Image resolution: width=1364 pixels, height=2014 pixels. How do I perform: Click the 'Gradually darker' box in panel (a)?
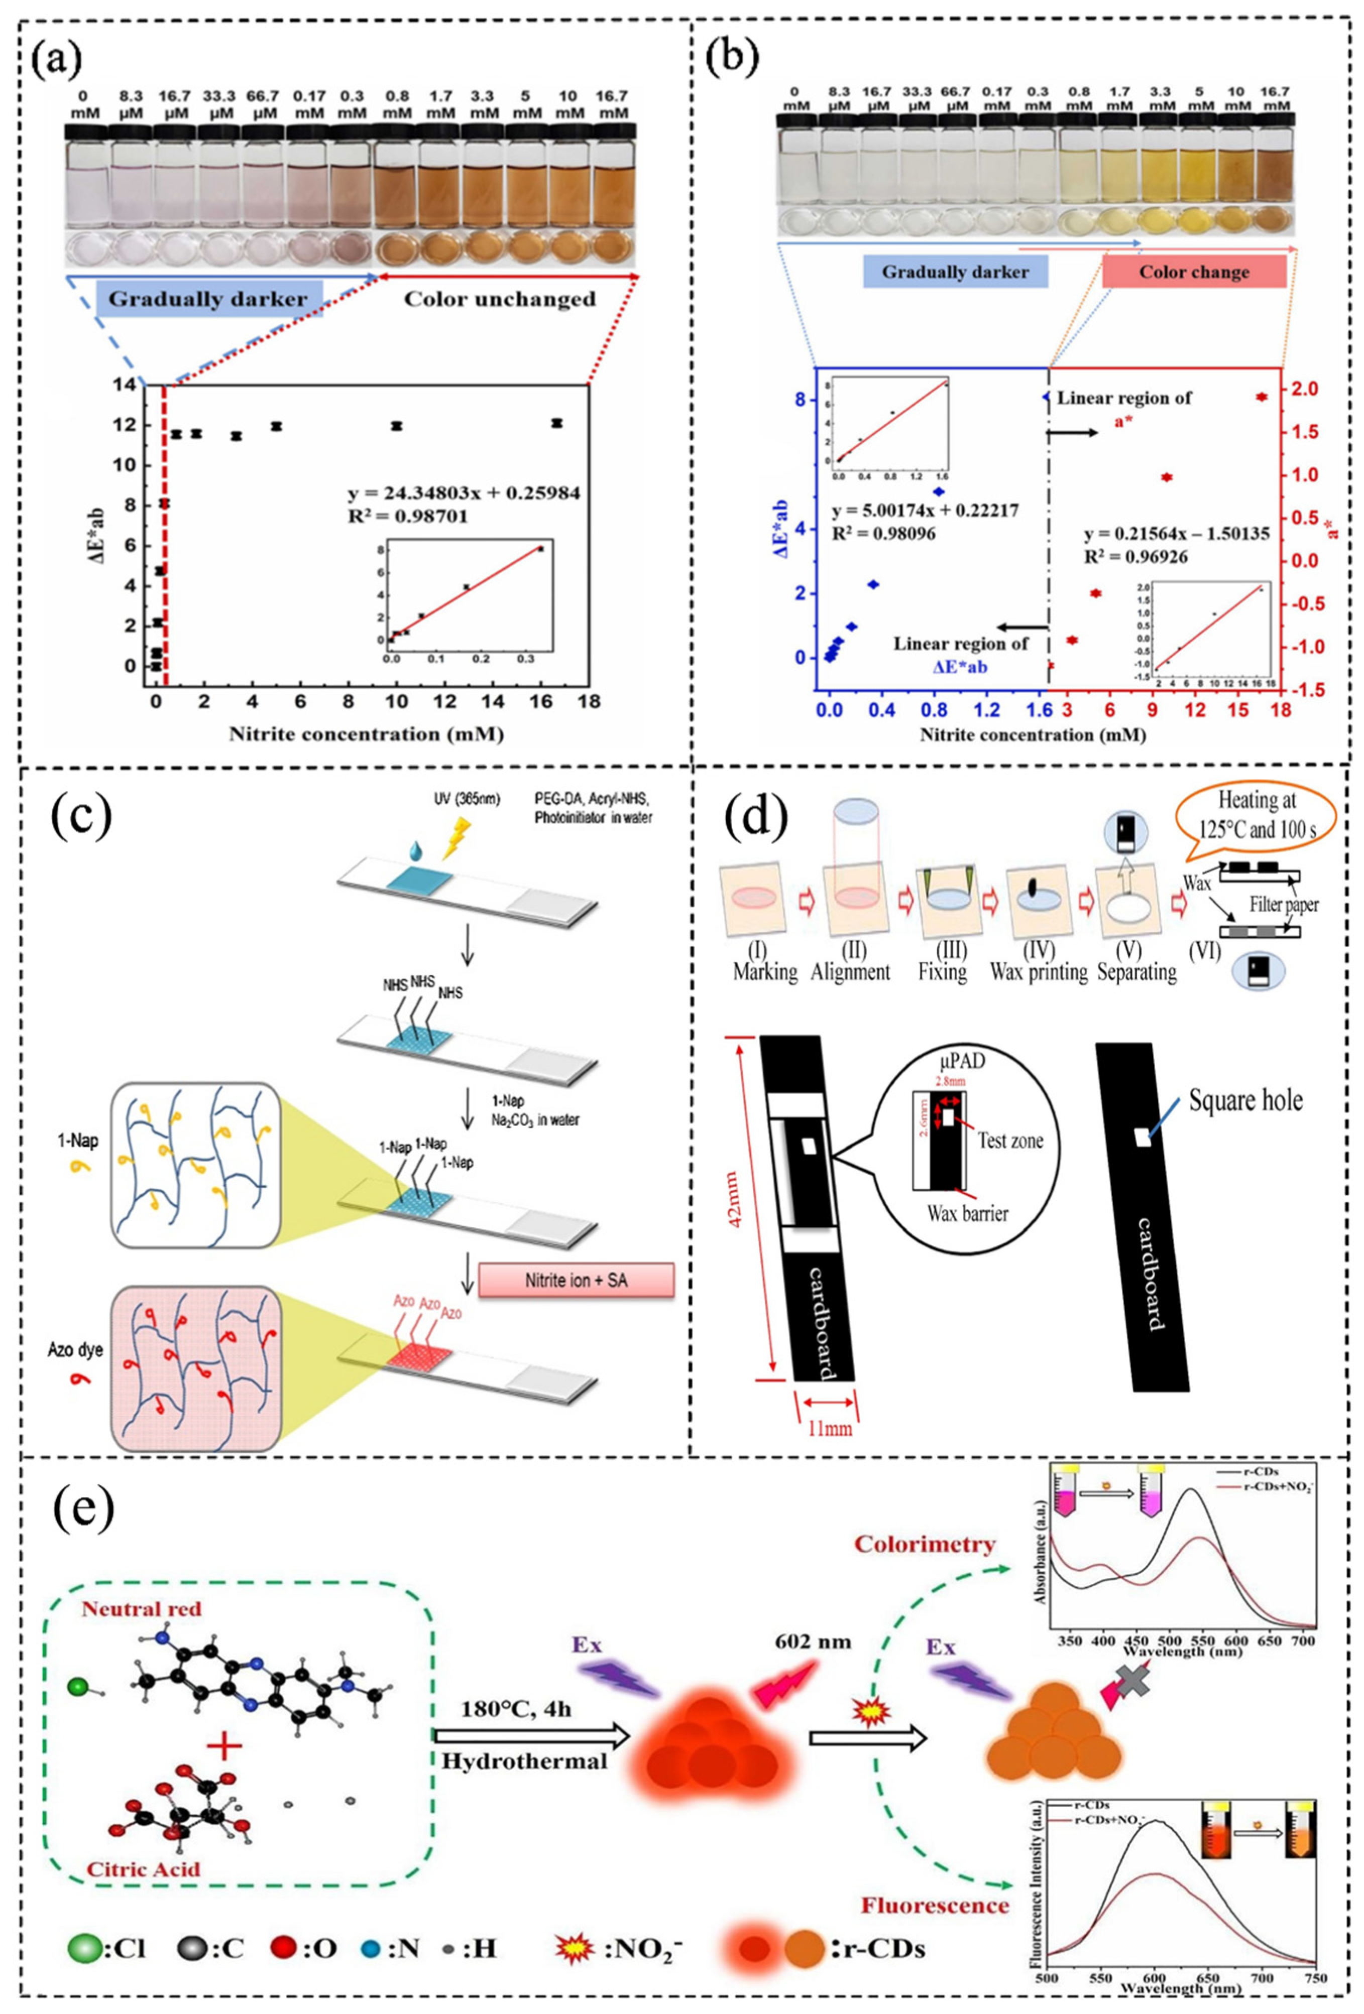[207, 300]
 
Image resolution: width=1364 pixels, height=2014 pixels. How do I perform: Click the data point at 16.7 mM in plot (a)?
[556, 423]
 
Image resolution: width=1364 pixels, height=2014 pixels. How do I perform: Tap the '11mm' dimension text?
[828, 1427]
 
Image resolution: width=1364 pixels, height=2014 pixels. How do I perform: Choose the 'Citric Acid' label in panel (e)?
[143, 1869]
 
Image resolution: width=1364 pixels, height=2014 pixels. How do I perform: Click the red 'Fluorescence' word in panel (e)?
[935, 1906]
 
